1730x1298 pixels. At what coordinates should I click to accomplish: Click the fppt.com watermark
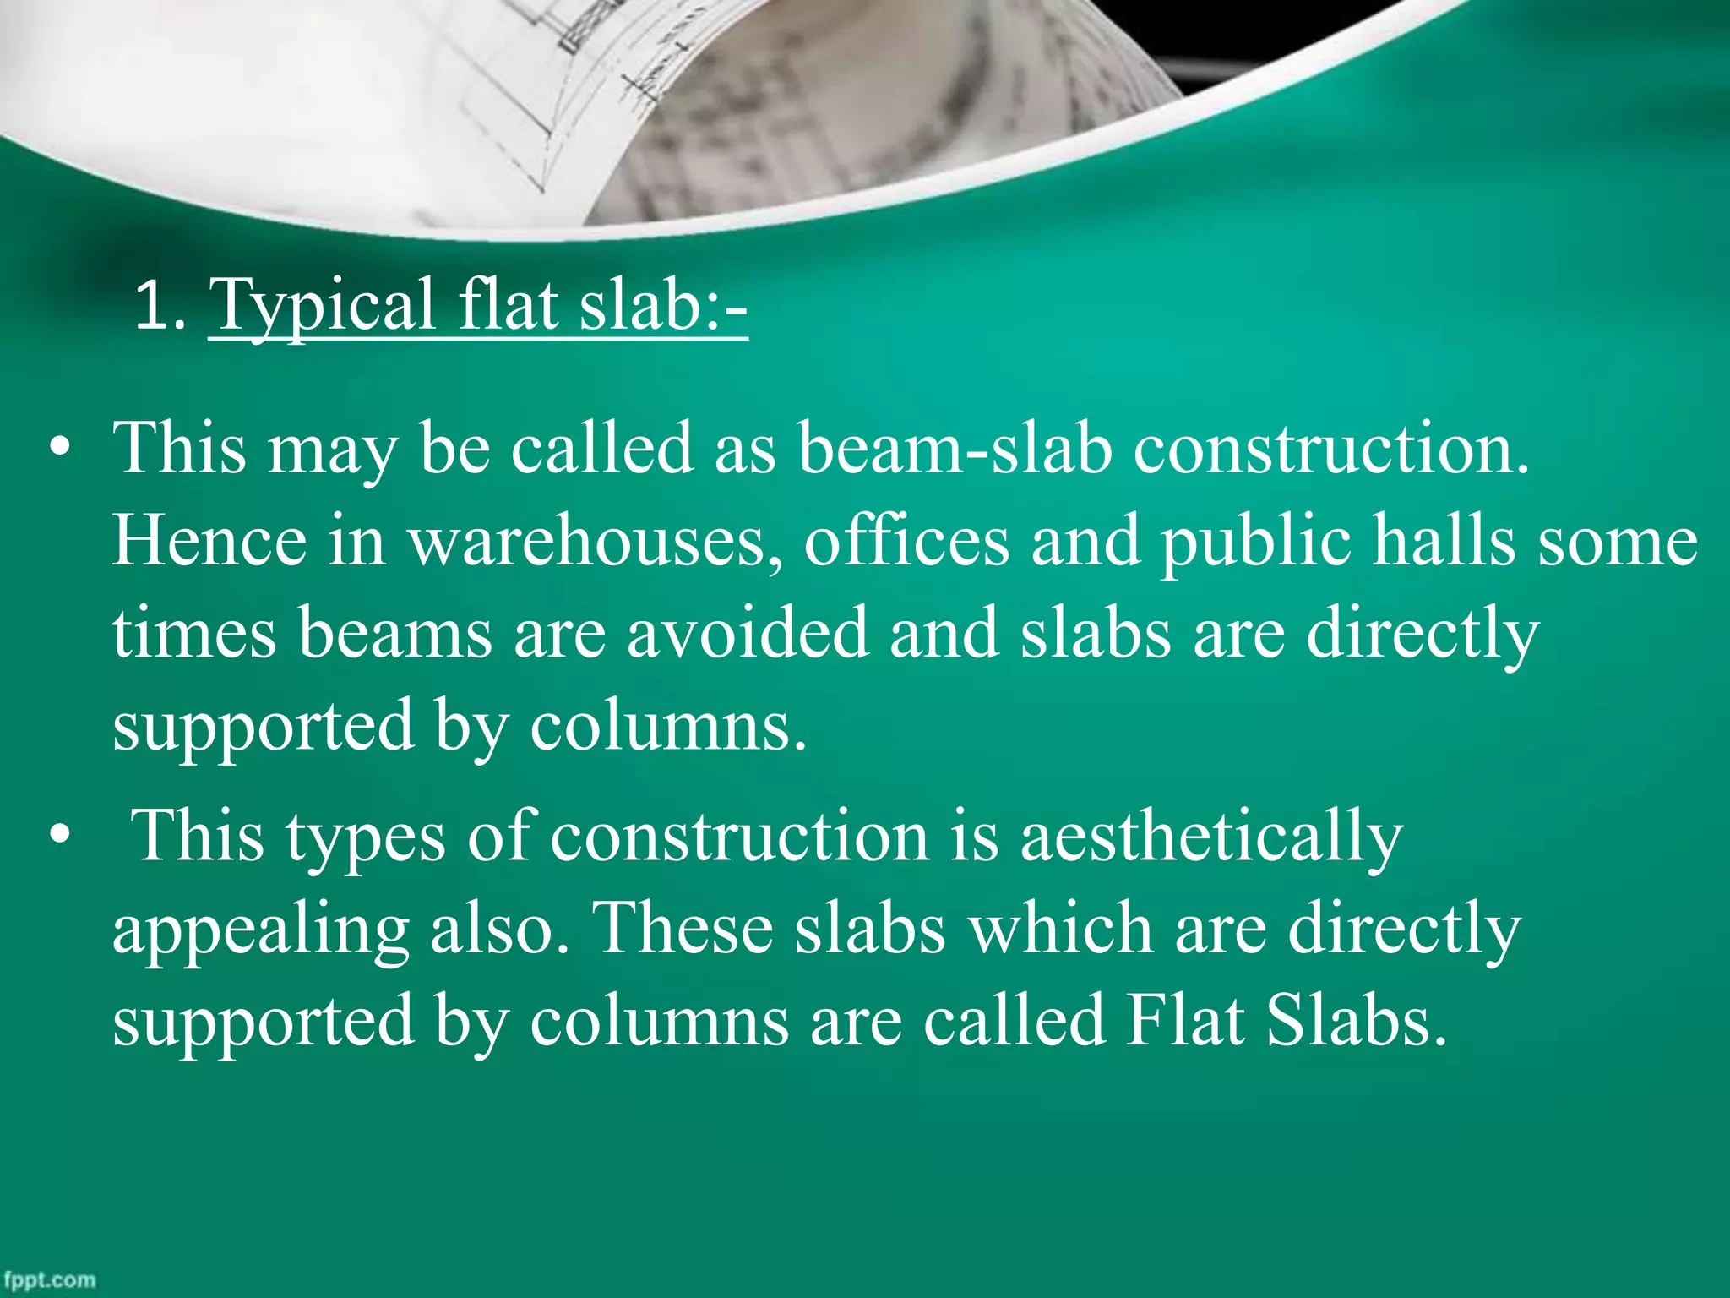tap(49, 1279)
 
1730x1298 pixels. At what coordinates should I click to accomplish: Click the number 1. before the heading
tap(160, 306)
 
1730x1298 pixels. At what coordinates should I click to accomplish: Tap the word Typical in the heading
tap(322, 306)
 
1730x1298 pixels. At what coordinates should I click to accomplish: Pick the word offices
tap(906, 540)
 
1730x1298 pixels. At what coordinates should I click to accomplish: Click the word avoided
tap(748, 633)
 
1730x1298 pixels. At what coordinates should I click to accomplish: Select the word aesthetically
tap(1211, 837)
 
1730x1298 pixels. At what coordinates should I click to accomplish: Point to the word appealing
tap(261, 930)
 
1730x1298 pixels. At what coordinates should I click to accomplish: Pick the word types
tap(365, 837)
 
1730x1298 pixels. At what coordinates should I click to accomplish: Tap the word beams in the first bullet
tap(395, 633)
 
